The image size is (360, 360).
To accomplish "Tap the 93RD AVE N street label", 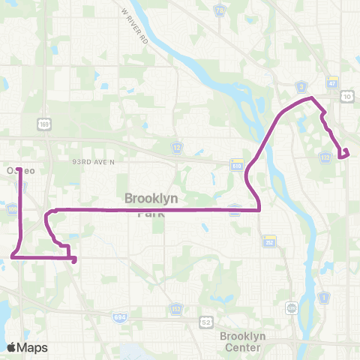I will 94,161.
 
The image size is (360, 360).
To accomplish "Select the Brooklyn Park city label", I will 153,205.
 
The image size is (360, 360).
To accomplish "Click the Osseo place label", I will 20,171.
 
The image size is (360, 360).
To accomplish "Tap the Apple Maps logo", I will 27,347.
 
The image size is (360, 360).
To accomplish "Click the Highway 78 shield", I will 220,10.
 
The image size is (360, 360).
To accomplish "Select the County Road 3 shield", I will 300,85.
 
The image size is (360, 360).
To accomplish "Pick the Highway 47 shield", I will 331,81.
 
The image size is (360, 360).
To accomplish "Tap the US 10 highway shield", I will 346,96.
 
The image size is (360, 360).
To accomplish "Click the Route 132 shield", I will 325,157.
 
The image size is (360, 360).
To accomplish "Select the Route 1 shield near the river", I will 325,298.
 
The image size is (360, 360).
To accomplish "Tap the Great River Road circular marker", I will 292,307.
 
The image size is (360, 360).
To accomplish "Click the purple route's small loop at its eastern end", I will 344,154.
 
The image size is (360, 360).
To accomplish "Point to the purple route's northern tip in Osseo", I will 19,166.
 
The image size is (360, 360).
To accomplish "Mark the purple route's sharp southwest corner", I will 13,256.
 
